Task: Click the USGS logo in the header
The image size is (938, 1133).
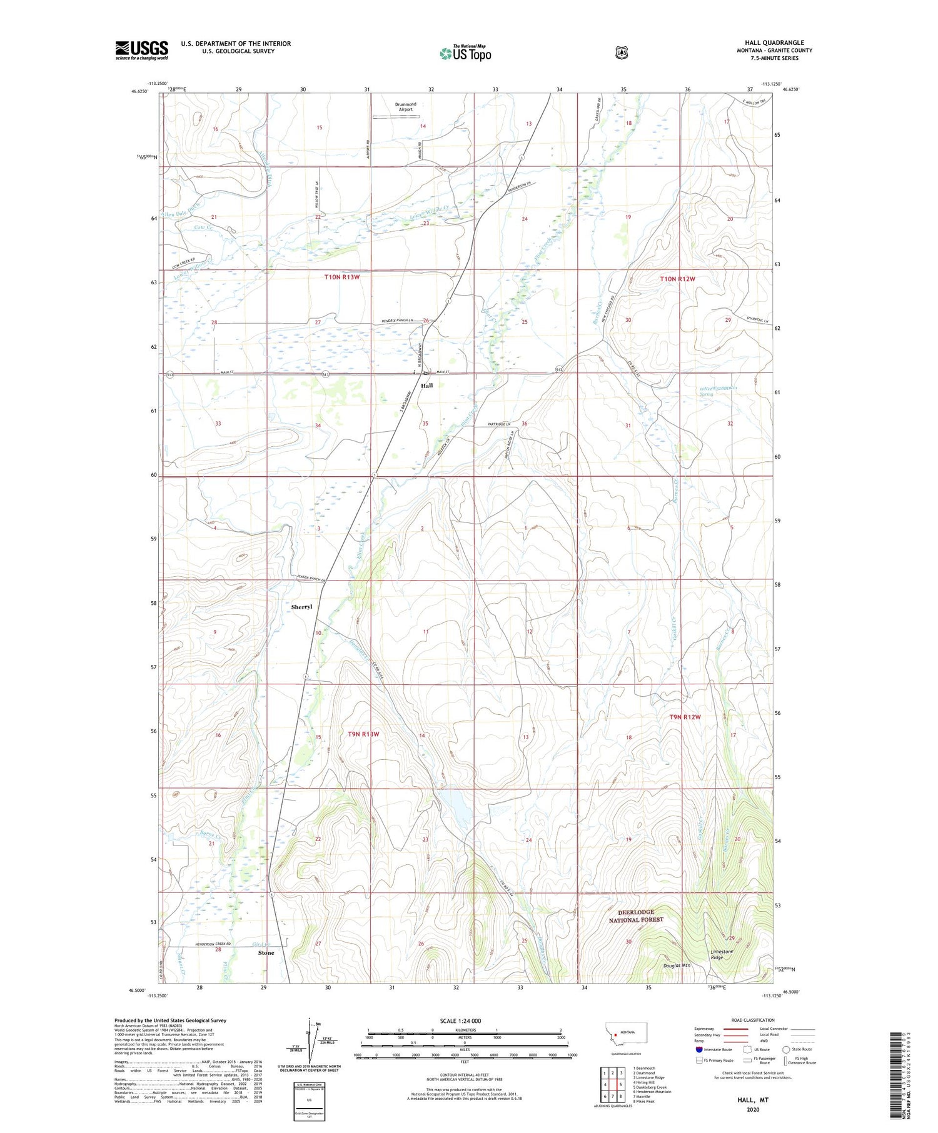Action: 141,50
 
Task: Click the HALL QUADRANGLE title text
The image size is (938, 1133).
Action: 774,42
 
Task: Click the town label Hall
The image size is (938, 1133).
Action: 426,386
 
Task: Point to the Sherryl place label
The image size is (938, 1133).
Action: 301,607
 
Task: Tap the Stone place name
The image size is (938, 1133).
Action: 266,953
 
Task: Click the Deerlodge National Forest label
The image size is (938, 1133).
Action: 636,916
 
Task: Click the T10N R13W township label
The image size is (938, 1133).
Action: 342,277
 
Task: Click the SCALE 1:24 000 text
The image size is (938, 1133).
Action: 460,1021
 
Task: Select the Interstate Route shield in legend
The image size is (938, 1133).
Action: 699,1049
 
